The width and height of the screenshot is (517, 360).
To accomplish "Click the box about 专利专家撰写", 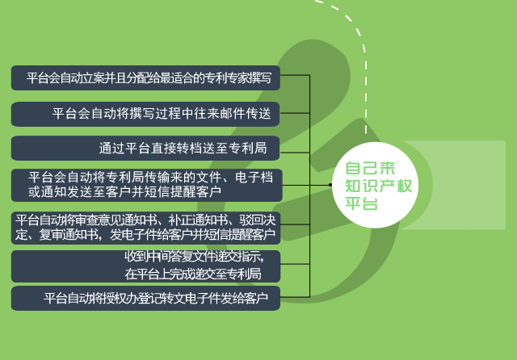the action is point(145,77).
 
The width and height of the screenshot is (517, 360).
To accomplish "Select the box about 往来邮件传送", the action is point(145,114).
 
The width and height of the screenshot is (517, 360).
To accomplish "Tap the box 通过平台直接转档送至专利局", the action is point(145,149).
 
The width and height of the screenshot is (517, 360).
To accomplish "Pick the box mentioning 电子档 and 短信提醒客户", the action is point(147,185).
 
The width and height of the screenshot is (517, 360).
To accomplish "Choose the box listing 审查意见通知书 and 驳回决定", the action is point(145,228).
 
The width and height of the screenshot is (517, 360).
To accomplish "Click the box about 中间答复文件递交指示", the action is point(145,266).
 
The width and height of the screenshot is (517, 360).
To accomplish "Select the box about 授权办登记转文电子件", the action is point(145,298).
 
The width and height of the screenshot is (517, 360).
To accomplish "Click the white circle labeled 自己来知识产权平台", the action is point(375,185).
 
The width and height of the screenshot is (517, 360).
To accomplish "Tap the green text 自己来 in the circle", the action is point(370,169).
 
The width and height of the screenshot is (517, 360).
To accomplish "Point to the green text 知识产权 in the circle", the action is point(379,186).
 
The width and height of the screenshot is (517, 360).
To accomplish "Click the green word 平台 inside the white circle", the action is point(361,203).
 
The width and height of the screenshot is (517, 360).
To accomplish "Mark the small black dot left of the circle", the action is point(330,185).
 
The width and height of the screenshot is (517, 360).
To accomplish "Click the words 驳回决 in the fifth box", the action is point(257,220).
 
